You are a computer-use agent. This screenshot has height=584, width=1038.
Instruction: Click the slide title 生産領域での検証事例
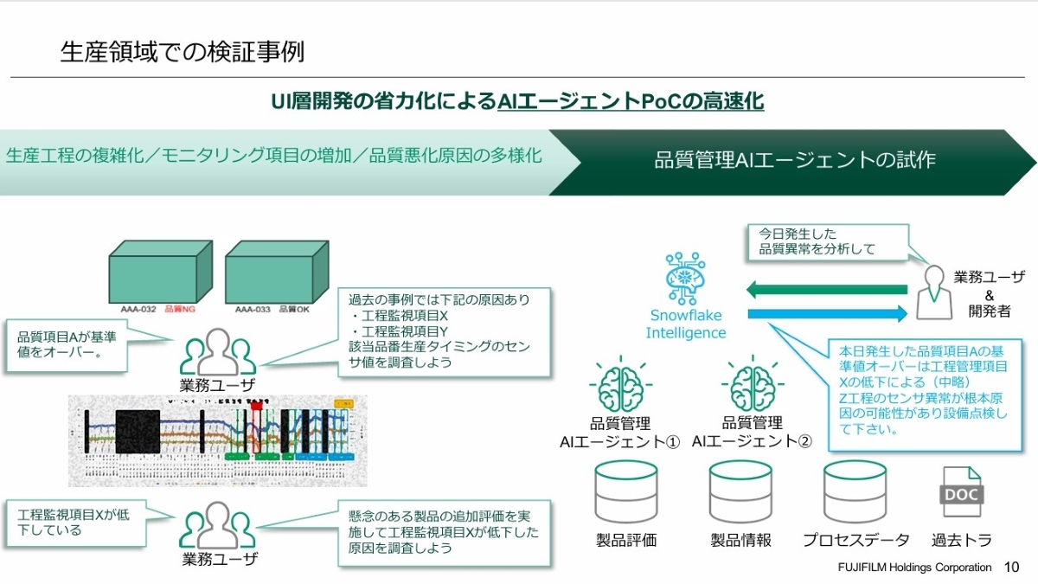click(182, 52)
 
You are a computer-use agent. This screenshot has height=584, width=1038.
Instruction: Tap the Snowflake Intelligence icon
click(685, 278)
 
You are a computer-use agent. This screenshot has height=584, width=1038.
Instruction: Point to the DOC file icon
click(961, 492)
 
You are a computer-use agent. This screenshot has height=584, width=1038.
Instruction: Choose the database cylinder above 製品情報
click(740, 491)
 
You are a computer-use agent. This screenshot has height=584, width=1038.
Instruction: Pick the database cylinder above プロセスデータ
click(855, 491)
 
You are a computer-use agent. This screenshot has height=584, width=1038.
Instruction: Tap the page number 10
click(1011, 568)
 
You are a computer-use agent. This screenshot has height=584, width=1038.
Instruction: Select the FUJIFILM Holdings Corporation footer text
click(914, 568)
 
